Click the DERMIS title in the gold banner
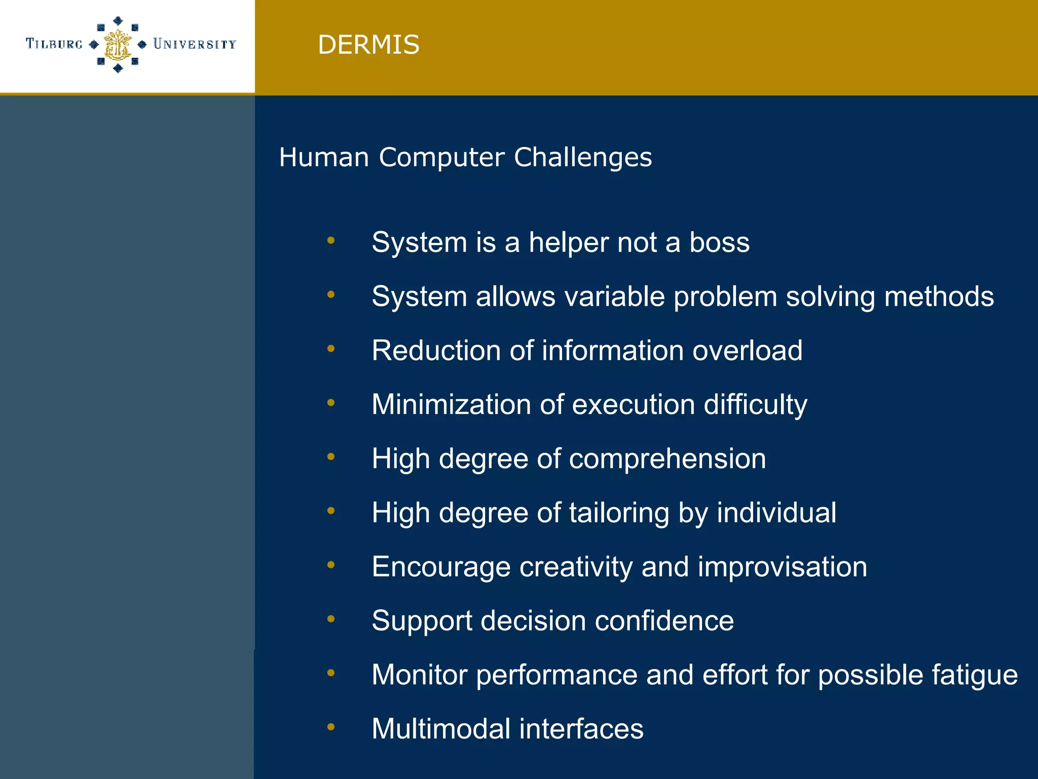368,45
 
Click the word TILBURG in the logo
54,44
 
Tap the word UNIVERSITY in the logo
195,44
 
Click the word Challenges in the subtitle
583,157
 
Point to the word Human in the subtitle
324,157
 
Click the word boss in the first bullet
719,242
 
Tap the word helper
568,242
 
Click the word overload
747,350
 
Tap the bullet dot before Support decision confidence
331,619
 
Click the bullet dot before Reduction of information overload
331,348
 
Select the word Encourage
441,567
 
